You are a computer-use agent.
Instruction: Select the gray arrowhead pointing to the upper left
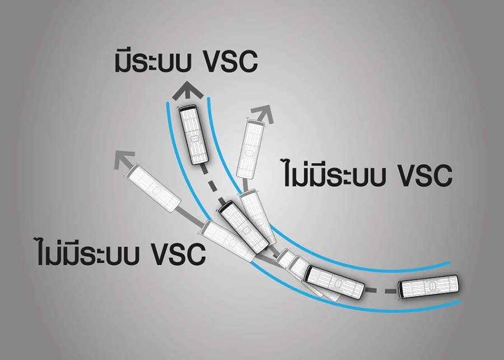pyautogui.click(x=124, y=160)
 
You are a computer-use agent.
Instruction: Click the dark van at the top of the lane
pyautogui.click(x=194, y=135)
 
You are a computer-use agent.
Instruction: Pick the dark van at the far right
pyautogui.click(x=430, y=287)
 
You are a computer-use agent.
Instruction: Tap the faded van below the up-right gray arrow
pyautogui.click(x=251, y=149)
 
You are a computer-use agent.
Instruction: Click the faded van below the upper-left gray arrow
pyautogui.click(x=153, y=188)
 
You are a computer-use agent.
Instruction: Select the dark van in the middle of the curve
pyautogui.click(x=244, y=227)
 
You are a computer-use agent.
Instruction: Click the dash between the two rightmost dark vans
pyautogui.click(x=390, y=291)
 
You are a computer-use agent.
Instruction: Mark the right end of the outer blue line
pyautogui.click(x=460, y=302)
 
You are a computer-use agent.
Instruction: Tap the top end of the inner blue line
pyautogui.click(x=209, y=99)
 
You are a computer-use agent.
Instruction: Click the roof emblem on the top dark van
pyautogui.click(x=194, y=139)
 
